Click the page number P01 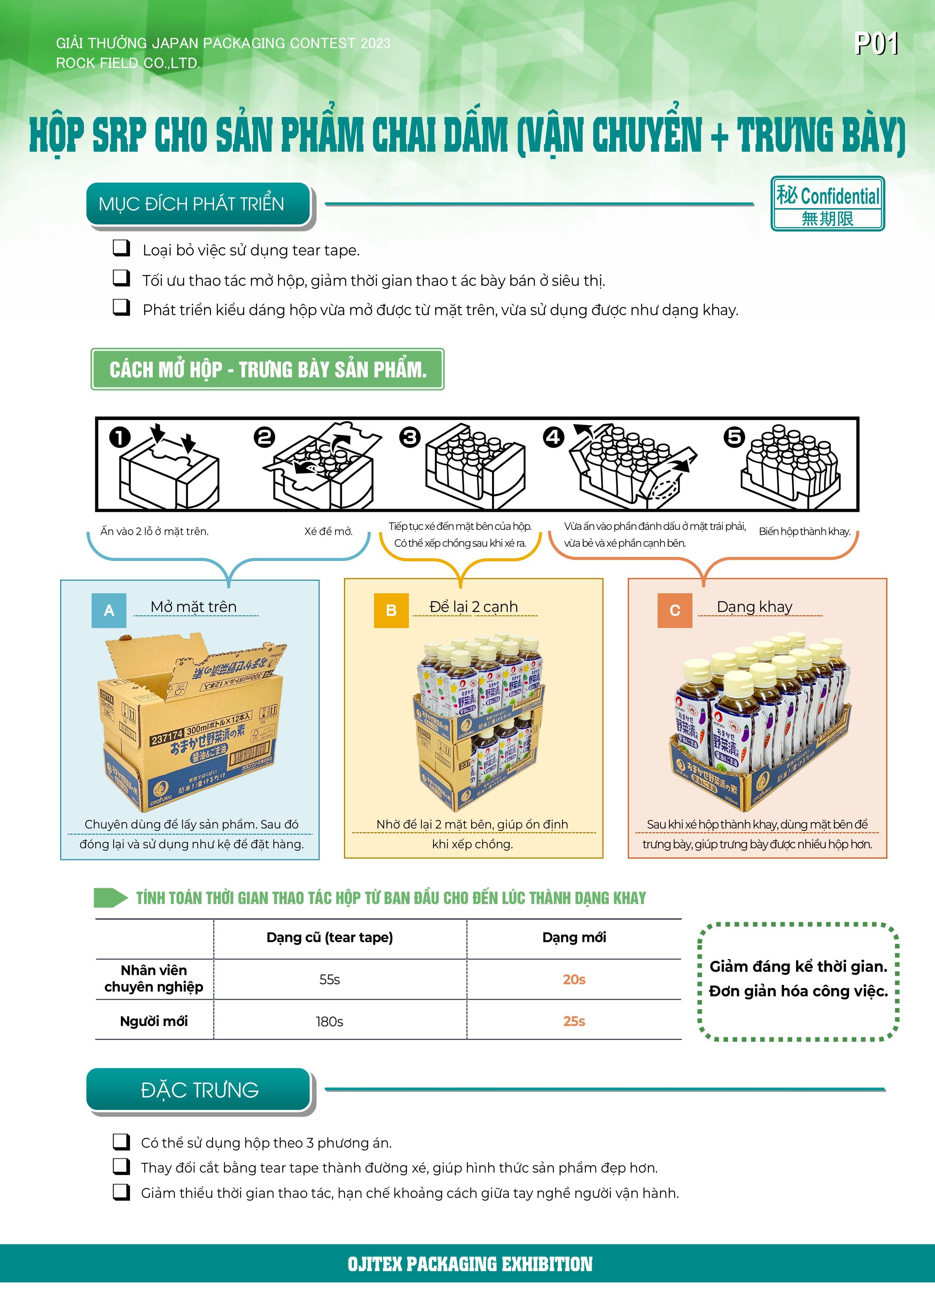click(876, 44)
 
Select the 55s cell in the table click(330, 979)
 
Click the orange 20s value click(574, 979)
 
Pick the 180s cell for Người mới click(330, 1021)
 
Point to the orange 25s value click(574, 1021)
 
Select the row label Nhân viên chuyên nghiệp click(154, 978)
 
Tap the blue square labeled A click(109, 610)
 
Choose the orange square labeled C click(675, 610)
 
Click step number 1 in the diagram click(120, 438)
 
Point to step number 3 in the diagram click(410, 438)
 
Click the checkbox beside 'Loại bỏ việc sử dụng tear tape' click(121, 248)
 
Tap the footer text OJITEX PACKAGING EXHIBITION click(470, 1264)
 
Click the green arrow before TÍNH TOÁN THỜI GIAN click(111, 897)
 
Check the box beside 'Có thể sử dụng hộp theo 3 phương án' click(121, 1141)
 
